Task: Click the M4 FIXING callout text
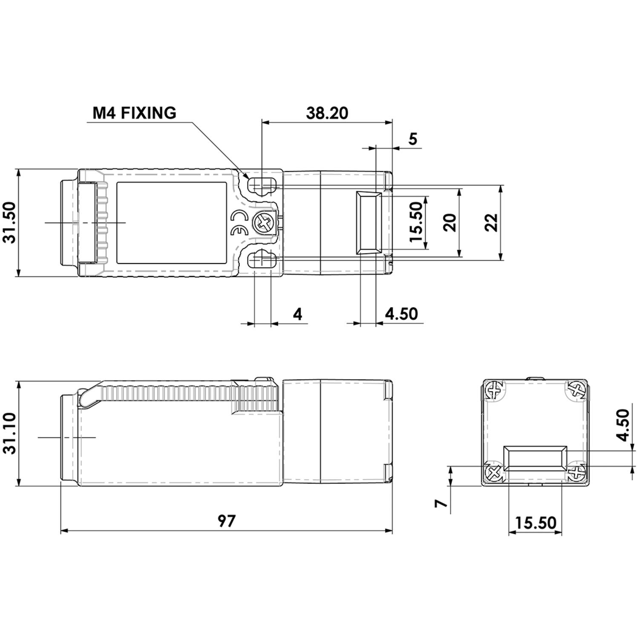coord(134,113)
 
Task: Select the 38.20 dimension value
coord(327,113)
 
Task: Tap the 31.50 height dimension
coord(9,222)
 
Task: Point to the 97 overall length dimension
coord(226,521)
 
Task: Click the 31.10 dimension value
coord(9,433)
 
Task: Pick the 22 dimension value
coord(492,222)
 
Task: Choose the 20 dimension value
coord(450,222)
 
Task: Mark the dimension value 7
coord(442,503)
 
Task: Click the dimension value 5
coord(413,139)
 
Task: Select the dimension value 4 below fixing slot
coord(297,314)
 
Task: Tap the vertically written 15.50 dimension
coord(416,222)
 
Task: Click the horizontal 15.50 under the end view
coord(535,523)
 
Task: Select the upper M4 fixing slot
coord(262,185)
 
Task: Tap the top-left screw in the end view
coord(495,389)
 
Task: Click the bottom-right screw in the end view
coord(576,472)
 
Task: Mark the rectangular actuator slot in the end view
coord(535,458)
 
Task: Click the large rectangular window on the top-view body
coord(172,223)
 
